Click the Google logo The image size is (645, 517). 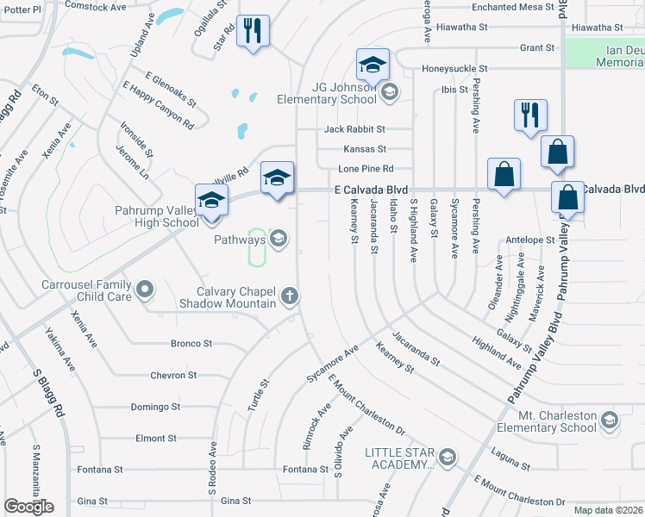click(28, 508)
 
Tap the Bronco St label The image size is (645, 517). click(191, 344)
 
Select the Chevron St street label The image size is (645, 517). click(174, 376)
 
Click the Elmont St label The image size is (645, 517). click(156, 439)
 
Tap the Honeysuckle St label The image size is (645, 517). click(454, 68)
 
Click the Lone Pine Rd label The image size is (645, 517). click(366, 169)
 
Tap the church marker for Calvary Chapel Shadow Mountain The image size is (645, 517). click(291, 296)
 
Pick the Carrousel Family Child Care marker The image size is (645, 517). click(144, 290)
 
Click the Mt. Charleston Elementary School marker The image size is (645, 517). click(610, 420)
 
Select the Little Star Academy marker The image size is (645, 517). click(447, 457)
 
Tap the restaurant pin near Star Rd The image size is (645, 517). click(253, 33)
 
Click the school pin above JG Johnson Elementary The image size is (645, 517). click(373, 65)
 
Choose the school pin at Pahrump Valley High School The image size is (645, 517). click(211, 201)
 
